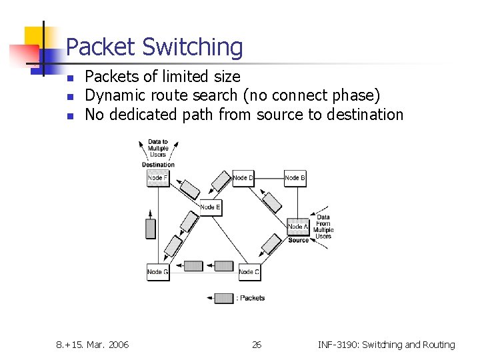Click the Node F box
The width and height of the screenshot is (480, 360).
158,178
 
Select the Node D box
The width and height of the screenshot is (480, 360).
243,178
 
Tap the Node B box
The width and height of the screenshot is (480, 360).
295,178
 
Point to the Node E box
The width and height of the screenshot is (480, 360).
210,207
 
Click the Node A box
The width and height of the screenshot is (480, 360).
298,227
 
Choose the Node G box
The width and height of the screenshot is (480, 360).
158,272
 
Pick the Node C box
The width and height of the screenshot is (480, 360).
249,272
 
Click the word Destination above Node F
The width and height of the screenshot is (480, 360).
158,165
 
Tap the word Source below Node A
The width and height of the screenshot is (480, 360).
298,240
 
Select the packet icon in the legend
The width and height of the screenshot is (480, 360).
224,298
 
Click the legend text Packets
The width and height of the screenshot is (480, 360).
253,298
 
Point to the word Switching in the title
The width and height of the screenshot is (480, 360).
193,47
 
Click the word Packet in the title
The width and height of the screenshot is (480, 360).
101,47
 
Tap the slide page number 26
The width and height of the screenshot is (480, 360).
257,345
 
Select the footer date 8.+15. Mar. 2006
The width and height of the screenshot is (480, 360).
93,345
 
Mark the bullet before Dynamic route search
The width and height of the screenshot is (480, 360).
70,97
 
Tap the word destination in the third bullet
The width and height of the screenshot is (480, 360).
365,115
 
